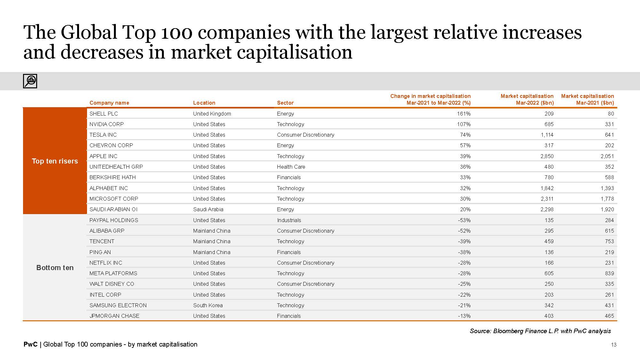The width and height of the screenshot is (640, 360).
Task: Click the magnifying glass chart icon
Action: pyautogui.click(x=30, y=81)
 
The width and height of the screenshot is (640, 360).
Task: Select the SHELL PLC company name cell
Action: pyautogui.click(x=104, y=114)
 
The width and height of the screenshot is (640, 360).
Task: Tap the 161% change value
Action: pyautogui.click(x=464, y=114)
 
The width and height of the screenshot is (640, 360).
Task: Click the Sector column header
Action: pyautogui.click(x=285, y=103)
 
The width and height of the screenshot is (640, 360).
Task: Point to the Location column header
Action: pyautogui.click(x=204, y=103)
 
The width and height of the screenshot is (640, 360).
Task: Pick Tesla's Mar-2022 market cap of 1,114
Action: pyautogui.click(x=547, y=135)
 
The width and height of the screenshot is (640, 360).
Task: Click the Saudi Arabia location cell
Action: pyautogui.click(x=208, y=209)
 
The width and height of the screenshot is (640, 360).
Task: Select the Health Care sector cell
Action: pyautogui.click(x=291, y=167)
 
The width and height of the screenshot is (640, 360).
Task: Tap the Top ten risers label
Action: pyautogui.click(x=55, y=161)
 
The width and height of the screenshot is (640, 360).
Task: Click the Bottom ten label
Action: pyautogui.click(x=55, y=268)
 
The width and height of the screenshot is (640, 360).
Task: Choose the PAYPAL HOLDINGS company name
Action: pyautogui.click(x=114, y=220)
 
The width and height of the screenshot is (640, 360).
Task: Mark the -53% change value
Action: pyautogui.click(x=464, y=220)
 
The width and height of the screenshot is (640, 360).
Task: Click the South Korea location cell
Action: pyautogui.click(x=208, y=305)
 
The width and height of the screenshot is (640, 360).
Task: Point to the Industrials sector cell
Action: pyautogui.click(x=289, y=220)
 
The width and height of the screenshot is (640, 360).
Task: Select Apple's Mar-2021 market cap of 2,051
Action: pyautogui.click(x=607, y=156)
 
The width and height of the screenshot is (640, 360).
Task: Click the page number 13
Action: pyautogui.click(x=613, y=345)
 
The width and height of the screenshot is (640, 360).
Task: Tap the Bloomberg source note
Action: pyautogui.click(x=540, y=331)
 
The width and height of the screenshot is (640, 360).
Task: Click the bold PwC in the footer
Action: pyautogui.click(x=30, y=344)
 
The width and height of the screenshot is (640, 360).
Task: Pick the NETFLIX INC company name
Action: pyautogui.click(x=106, y=263)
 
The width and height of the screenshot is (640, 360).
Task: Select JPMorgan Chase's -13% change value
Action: pyautogui.click(x=464, y=316)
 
